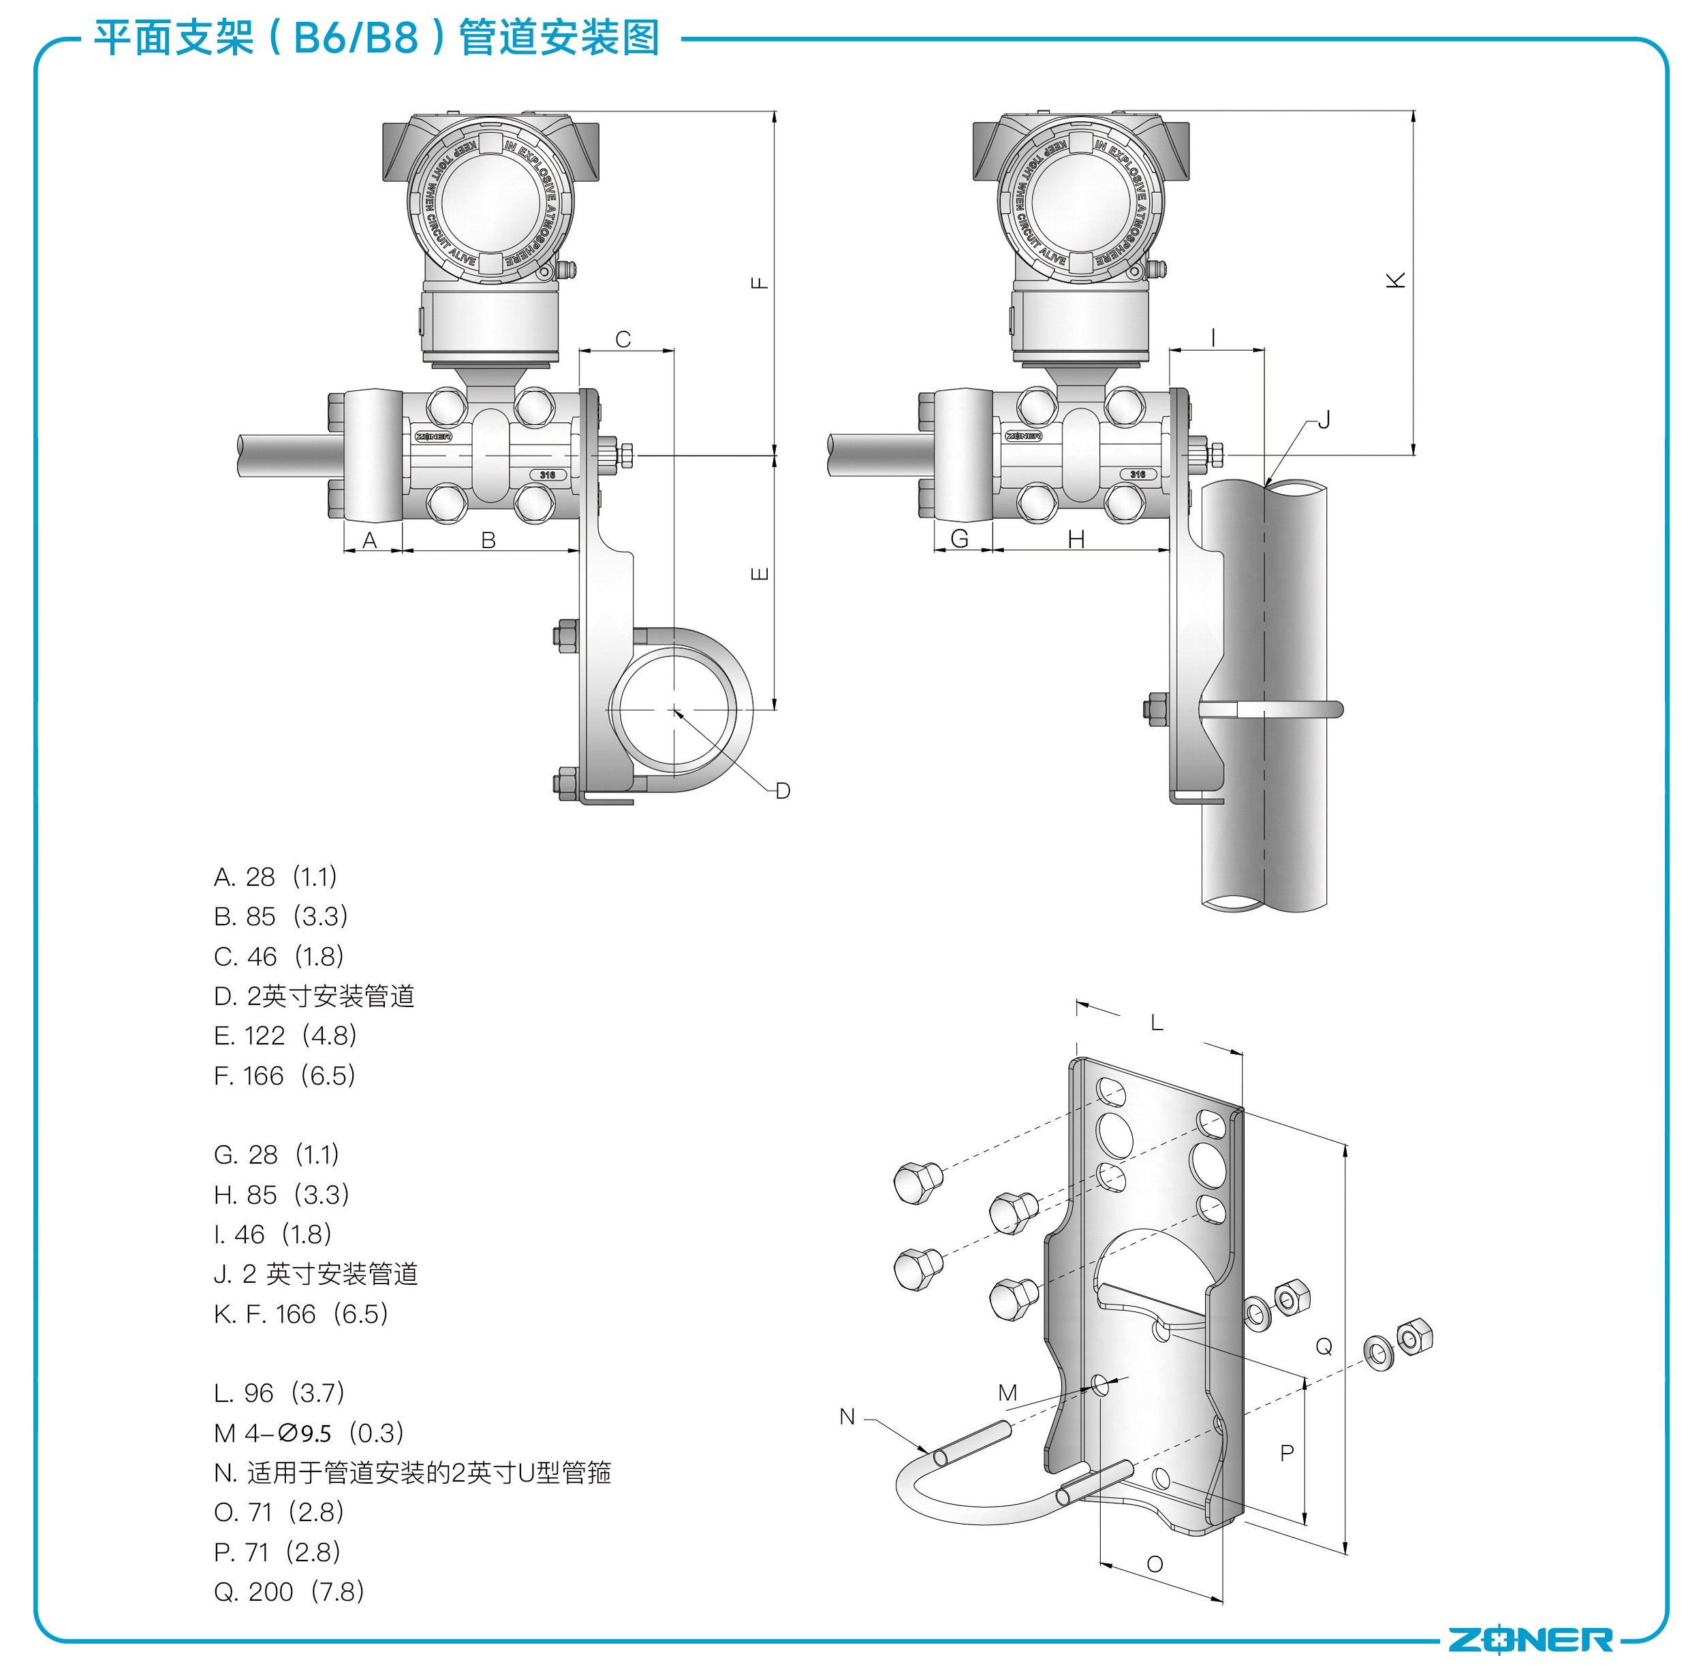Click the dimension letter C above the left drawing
[x=623, y=339]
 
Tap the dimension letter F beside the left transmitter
[x=760, y=283]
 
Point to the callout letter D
[x=782, y=791]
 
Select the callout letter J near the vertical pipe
[x=1324, y=420]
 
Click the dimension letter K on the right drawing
[x=1396, y=280]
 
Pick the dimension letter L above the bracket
[x=1157, y=1023]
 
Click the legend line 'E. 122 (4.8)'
[x=285, y=1036]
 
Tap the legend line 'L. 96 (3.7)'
[x=279, y=1392]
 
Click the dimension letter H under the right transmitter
[x=1076, y=539]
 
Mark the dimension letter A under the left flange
[x=370, y=540]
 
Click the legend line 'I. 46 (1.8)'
[x=273, y=1234]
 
